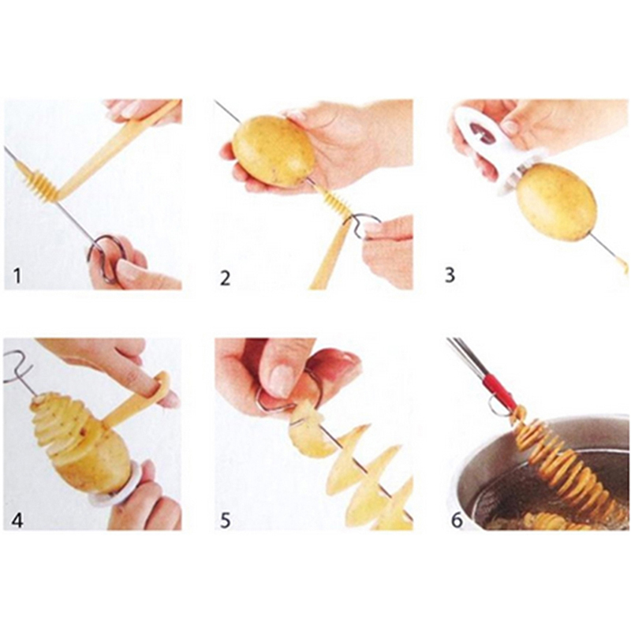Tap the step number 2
(x=226, y=278)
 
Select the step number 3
(x=450, y=274)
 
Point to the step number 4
(x=17, y=520)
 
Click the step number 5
(x=225, y=520)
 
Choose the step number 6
(x=457, y=520)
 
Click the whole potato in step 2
(x=273, y=151)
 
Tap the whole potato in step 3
(x=557, y=202)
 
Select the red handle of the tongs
(x=500, y=390)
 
